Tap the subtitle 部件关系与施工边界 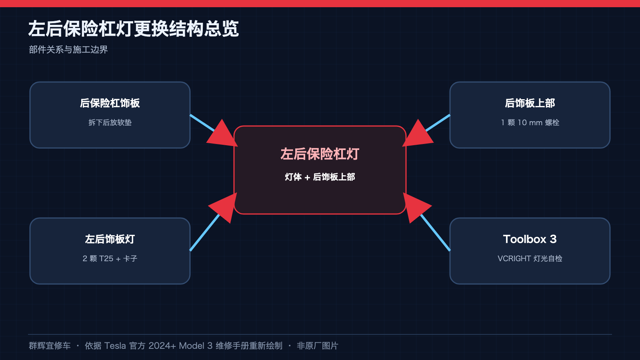68,50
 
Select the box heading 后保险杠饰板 110,103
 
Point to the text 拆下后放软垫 110,122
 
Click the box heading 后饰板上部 530,103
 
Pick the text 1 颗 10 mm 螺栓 530,122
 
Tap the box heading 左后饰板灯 110,239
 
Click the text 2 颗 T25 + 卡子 110,258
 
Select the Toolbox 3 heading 530,239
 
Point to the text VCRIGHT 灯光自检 530,258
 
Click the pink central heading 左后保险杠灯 320,154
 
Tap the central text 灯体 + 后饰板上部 320,177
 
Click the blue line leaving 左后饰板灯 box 204,232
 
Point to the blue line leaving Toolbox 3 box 436,232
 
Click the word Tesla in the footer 115,346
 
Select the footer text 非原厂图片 318,346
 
